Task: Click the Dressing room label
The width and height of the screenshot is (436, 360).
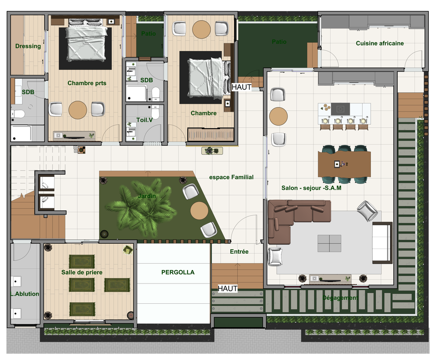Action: tap(28, 46)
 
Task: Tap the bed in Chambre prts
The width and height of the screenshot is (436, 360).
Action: tap(86, 40)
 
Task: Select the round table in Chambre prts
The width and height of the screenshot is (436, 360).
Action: tap(78, 110)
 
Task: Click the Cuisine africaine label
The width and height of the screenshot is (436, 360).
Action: tap(379, 43)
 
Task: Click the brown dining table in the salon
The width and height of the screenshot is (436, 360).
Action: tap(344, 164)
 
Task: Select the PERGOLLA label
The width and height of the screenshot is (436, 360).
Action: tap(178, 272)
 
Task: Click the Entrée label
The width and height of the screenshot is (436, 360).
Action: tap(239, 252)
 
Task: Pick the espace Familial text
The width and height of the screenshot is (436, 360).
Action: tap(231, 177)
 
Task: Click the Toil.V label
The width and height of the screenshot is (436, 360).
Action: tap(144, 120)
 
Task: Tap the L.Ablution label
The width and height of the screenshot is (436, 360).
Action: tap(25, 294)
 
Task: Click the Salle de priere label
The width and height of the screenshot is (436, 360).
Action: tap(82, 272)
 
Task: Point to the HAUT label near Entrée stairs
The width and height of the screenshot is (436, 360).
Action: tap(227, 288)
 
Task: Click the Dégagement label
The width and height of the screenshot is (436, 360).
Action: tap(340, 297)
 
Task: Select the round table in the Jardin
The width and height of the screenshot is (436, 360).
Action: tap(199, 211)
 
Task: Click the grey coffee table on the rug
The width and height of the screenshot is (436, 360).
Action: tap(329, 243)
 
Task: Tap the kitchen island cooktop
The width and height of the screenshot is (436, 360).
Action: tap(340, 109)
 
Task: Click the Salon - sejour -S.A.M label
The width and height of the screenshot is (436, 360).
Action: tap(311, 188)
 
